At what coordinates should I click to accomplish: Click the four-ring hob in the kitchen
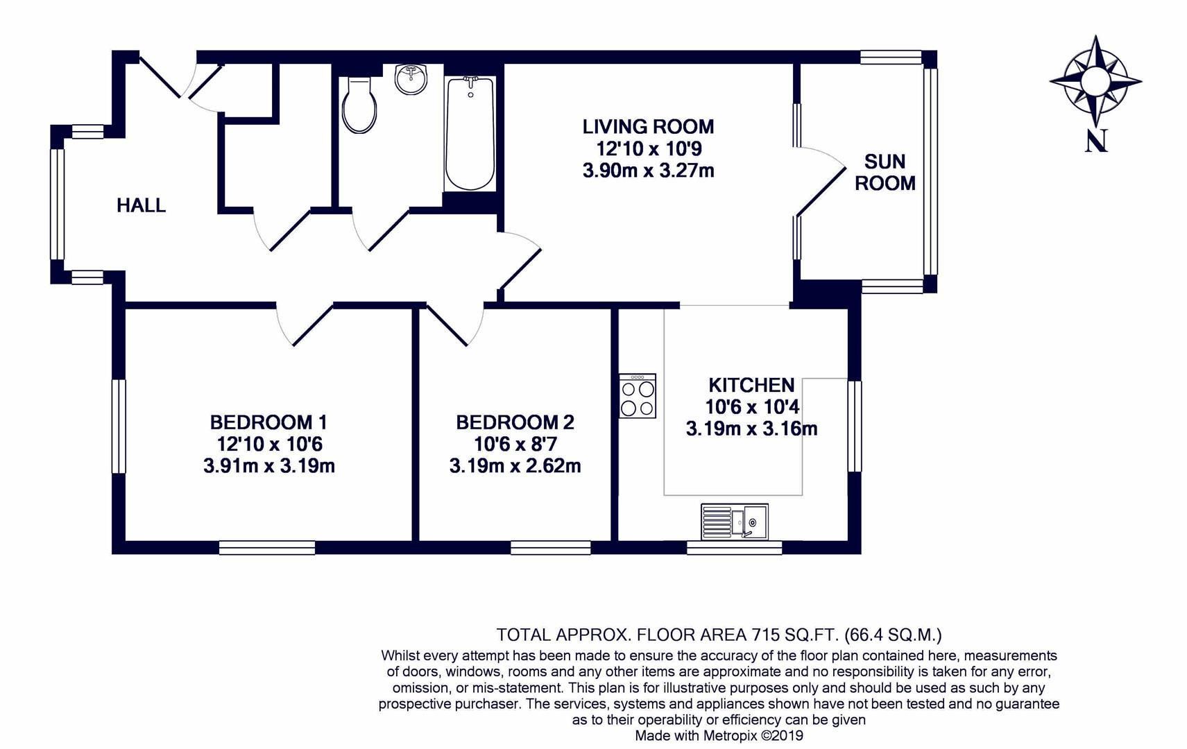pyautogui.click(x=637, y=396)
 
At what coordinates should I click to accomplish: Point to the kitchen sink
pyautogui.click(x=734, y=521)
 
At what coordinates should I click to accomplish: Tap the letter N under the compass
pyautogui.click(x=1095, y=141)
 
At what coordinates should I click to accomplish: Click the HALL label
pyautogui.click(x=141, y=205)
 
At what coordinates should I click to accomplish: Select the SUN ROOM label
pyautogui.click(x=885, y=172)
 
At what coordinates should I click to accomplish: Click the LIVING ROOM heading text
pyautogui.click(x=647, y=127)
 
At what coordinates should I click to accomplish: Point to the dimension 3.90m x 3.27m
pyautogui.click(x=647, y=171)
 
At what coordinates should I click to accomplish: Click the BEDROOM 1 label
pyautogui.click(x=268, y=422)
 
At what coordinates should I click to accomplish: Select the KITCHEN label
pyautogui.click(x=751, y=385)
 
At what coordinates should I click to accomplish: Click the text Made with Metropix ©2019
pyautogui.click(x=719, y=736)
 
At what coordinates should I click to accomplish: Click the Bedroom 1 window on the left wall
pyautogui.click(x=119, y=426)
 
